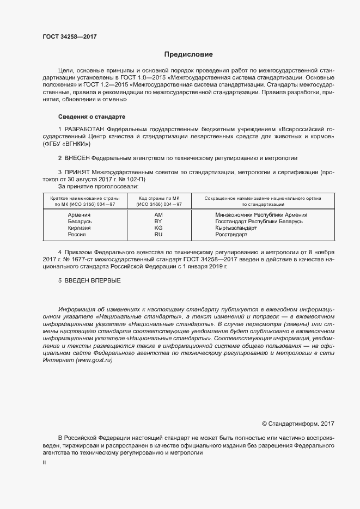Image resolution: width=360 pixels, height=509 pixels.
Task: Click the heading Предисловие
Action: click(x=188, y=54)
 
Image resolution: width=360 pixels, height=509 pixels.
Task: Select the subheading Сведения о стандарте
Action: click(x=91, y=116)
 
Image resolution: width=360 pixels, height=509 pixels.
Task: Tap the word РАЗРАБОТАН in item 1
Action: click(x=84, y=128)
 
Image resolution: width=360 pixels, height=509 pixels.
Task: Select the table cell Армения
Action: click(x=79, y=215)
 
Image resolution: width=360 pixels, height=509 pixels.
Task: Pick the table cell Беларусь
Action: click(x=79, y=222)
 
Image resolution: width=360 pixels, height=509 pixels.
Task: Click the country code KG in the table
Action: click(x=158, y=228)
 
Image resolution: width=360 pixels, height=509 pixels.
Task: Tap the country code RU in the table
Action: click(x=158, y=235)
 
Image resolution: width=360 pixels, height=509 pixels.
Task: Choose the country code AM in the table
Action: click(x=158, y=215)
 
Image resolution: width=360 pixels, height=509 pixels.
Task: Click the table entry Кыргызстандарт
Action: click(x=236, y=228)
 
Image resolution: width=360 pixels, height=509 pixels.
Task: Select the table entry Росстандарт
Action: click(x=231, y=235)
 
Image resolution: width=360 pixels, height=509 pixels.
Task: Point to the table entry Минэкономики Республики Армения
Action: click(x=261, y=215)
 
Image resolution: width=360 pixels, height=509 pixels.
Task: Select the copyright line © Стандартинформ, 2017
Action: click(x=298, y=424)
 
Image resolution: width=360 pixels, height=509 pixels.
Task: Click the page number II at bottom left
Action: click(x=44, y=462)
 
